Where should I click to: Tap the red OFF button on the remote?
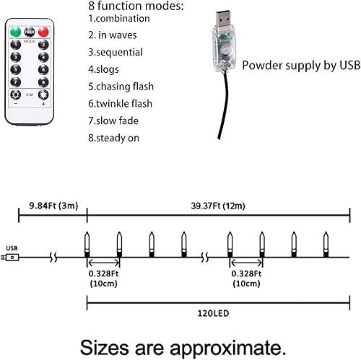tap(44, 32)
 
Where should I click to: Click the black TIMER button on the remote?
tap(30, 32)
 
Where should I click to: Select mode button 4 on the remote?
tap(44, 58)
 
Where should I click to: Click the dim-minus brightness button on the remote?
tap(16, 95)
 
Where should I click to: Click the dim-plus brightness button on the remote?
tap(43, 95)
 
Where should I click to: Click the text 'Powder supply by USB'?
tap(300, 66)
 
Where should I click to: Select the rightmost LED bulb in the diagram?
tap(328, 243)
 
